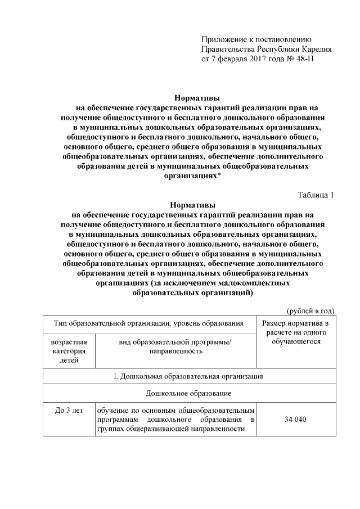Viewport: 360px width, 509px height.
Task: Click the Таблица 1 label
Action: click(316, 195)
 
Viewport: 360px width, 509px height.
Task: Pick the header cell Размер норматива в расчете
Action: click(295, 332)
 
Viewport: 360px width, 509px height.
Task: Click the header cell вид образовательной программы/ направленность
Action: click(175, 346)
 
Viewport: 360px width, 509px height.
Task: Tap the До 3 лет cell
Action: click(69, 411)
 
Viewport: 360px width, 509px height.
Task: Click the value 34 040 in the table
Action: click(295, 420)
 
